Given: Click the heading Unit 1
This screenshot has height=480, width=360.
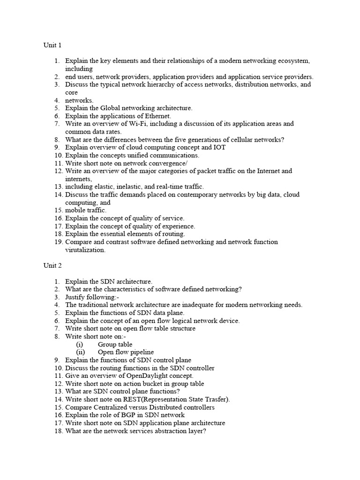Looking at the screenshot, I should point(52,45).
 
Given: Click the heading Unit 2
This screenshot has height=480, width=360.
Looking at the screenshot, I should point(52,265).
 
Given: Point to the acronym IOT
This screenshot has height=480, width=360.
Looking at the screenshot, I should point(219,147).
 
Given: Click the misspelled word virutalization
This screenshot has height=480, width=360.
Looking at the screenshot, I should point(85,250).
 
